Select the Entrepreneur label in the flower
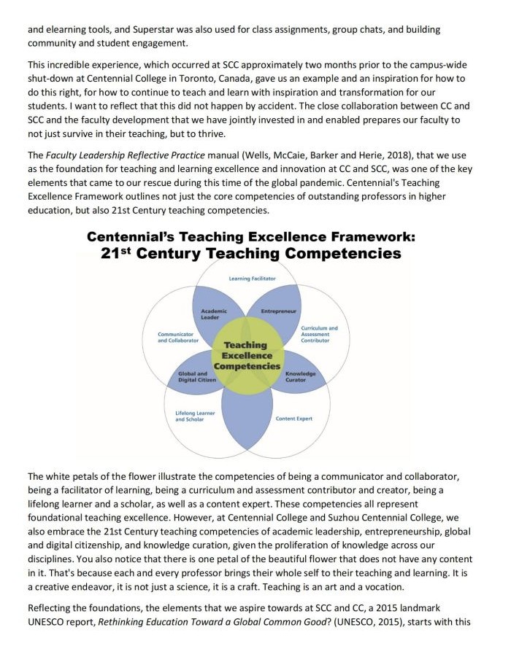pyautogui.click(x=278, y=311)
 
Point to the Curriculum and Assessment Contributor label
pyautogui.click(x=319, y=334)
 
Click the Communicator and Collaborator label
pyautogui.click(x=178, y=337)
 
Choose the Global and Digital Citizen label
pyautogui.click(x=193, y=376)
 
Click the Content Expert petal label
pyautogui.click(x=293, y=419)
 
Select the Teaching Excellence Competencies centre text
pyautogui.click(x=246, y=355)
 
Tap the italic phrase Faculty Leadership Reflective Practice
pyautogui.click(x=126, y=155)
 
